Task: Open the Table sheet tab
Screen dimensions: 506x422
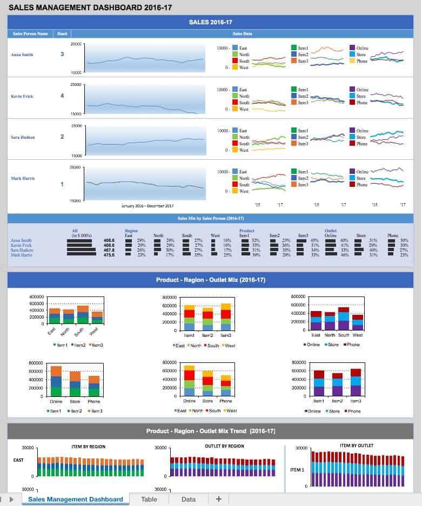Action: tap(149, 499)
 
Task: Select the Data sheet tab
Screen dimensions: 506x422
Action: tap(189, 499)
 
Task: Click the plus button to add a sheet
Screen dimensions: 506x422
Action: tap(218, 499)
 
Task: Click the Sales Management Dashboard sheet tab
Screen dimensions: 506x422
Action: tap(75, 499)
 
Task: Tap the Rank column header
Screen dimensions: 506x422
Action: tap(62, 33)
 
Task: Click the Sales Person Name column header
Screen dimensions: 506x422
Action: tap(30, 33)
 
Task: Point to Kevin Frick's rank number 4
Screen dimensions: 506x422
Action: tap(62, 96)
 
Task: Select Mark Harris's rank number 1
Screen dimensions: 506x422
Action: tap(62, 185)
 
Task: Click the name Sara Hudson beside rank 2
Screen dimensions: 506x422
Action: tap(23, 137)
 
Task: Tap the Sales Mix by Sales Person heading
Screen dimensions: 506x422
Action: tap(211, 218)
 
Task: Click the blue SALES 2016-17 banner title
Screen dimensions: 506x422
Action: tap(211, 22)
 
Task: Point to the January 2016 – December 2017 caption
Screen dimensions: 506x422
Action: tap(148, 206)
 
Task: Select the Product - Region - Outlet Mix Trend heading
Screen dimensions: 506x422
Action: tap(211, 431)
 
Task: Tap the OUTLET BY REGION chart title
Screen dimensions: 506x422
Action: tap(224, 446)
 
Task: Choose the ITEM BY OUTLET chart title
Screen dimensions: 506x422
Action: tap(356, 446)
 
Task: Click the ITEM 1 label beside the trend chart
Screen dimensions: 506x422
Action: tap(297, 469)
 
